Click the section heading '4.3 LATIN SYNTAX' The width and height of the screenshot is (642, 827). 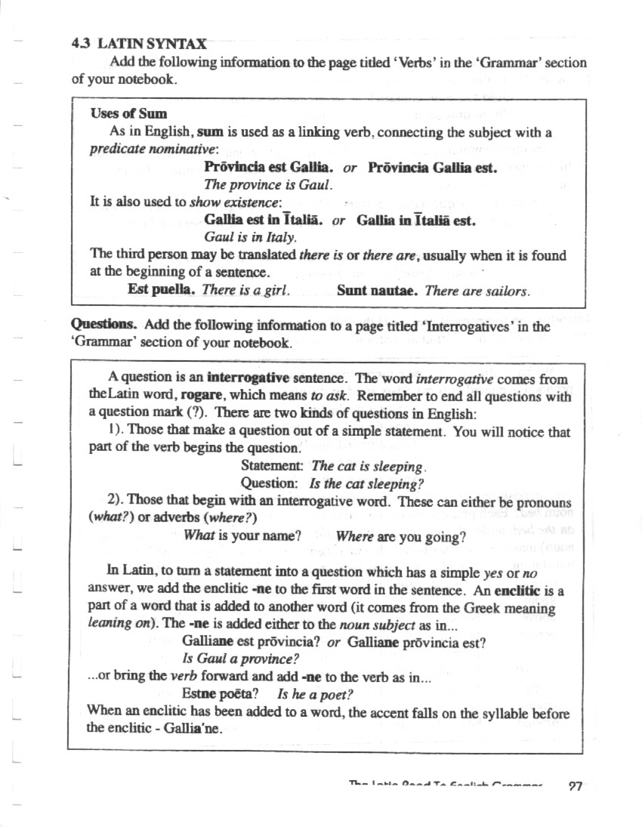(x=139, y=44)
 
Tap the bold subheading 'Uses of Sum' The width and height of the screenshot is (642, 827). (x=128, y=114)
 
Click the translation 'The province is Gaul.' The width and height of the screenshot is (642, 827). (x=268, y=184)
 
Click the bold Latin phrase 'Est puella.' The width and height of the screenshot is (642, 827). (x=162, y=289)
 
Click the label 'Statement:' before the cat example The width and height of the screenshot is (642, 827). (x=272, y=467)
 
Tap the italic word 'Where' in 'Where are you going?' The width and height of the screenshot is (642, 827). (x=352, y=537)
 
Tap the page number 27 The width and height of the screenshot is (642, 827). (x=576, y=787)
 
